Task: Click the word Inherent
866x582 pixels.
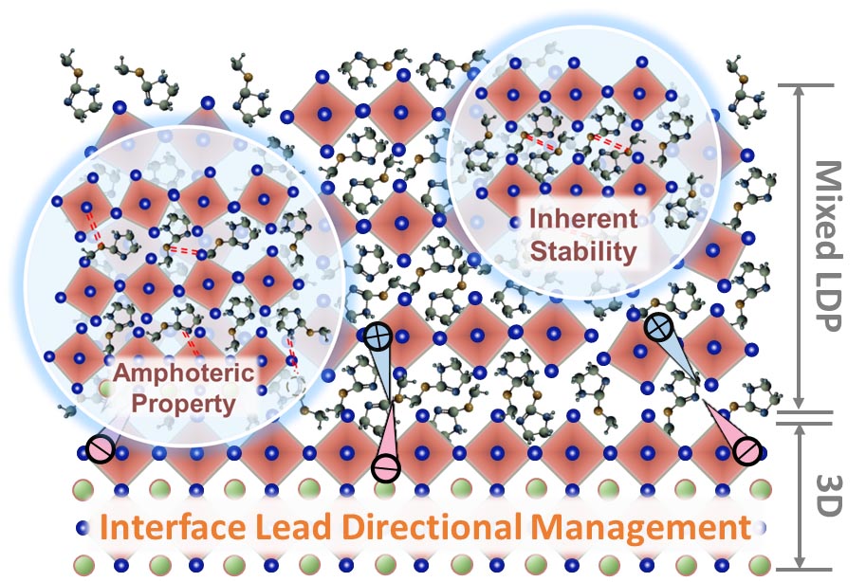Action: [581, 220]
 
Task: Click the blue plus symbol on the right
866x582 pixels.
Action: [656, 328]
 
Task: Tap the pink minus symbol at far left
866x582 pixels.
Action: [98, 450]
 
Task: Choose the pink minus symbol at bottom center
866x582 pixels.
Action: [385, 467]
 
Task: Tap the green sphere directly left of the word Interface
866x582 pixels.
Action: [80, 527]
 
